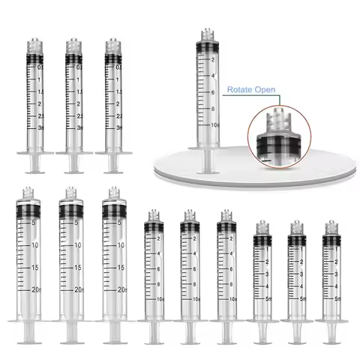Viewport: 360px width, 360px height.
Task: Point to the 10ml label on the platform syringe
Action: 215,123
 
